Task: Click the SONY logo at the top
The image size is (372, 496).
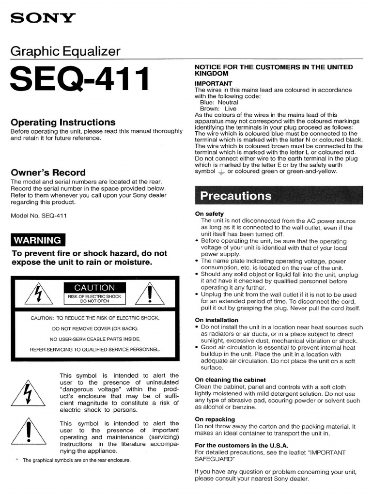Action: pyautogui.click(x=43, y=18)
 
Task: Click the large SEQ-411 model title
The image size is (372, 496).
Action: pyautogui.click(x=79, y=80)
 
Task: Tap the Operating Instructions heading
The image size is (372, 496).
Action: pyautogui.click(x=63, y=122)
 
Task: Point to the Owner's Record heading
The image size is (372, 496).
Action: pyautogui.click(x=48, y=172)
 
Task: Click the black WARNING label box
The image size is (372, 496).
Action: pyautogui.click(x=38, y=240)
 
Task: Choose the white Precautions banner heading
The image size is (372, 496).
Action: pyautogui.click(x=236, y=196)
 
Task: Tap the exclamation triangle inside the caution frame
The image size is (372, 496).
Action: pyautogui.click(x=150, y=294)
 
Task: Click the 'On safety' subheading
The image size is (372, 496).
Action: pyautogui.click(x=209, y=214)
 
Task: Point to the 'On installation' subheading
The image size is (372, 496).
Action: pyautogui.click(x=217, y=320)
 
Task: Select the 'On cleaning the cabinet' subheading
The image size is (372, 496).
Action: pyautogui.click(x=230, y=380)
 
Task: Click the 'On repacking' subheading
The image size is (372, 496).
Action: pyautogui.click(x=215, y=419)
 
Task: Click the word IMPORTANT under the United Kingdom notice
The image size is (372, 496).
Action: pyautogui.click(x=214, y=83)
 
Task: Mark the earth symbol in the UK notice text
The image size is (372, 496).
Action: pyautogui.click(x=221, y=171)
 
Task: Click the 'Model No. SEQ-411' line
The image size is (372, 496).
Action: pyautogui.click(x=39, y=216)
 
